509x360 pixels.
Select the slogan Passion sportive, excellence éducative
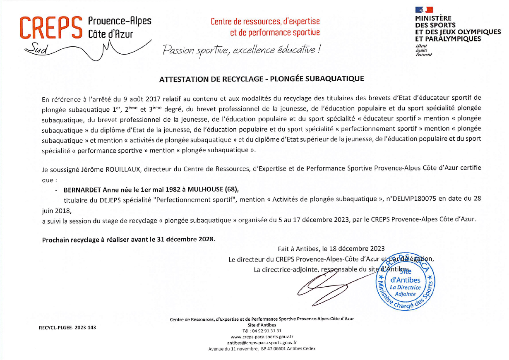242,50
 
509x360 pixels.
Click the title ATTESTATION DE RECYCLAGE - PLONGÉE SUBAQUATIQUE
262,78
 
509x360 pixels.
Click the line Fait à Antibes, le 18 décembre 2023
331,249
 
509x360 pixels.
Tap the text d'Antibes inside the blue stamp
405,280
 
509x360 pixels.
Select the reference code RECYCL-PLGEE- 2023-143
67,327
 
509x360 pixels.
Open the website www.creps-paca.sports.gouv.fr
262,337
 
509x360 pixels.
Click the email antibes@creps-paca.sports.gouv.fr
262,343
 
